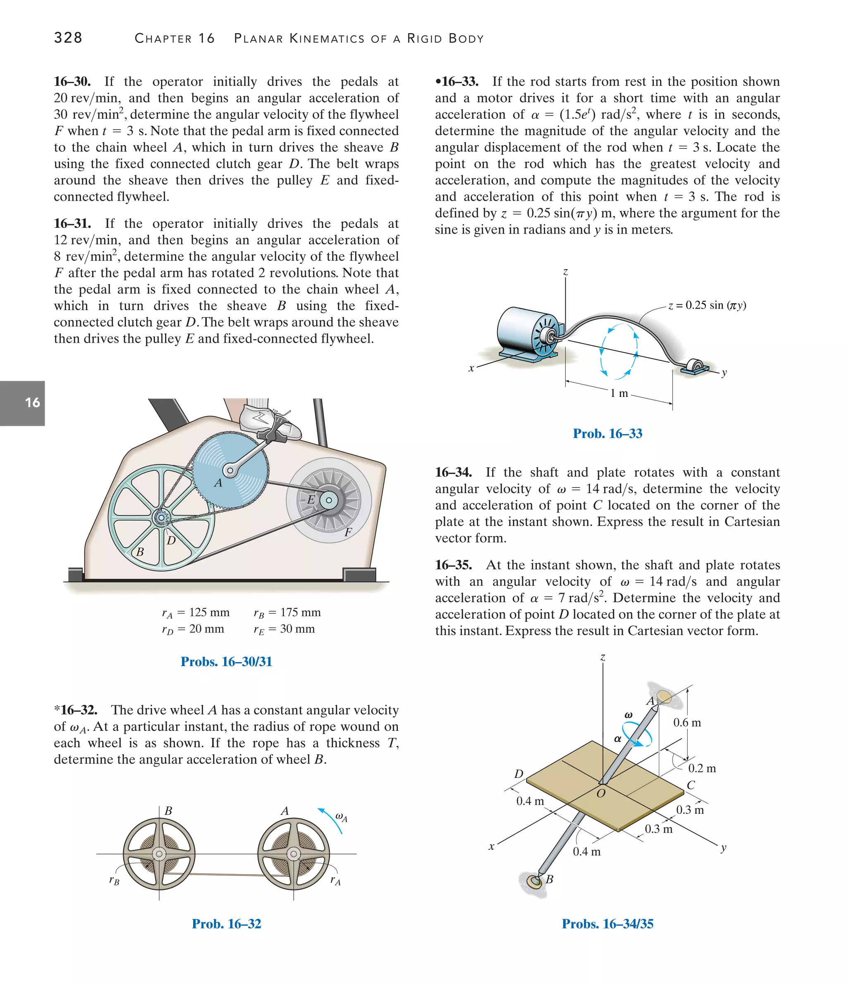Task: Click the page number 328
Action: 68,38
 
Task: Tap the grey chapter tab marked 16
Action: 23,403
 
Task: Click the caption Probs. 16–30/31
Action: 226,661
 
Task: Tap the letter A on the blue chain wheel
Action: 218,483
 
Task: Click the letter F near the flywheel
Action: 348,532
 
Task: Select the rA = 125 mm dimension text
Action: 196,612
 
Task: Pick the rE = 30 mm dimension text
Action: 284,629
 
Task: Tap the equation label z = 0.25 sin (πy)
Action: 707,305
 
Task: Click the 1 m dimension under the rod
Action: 619,393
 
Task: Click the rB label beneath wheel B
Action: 114,880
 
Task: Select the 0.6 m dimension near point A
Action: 687,722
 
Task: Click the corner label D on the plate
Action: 519,774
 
